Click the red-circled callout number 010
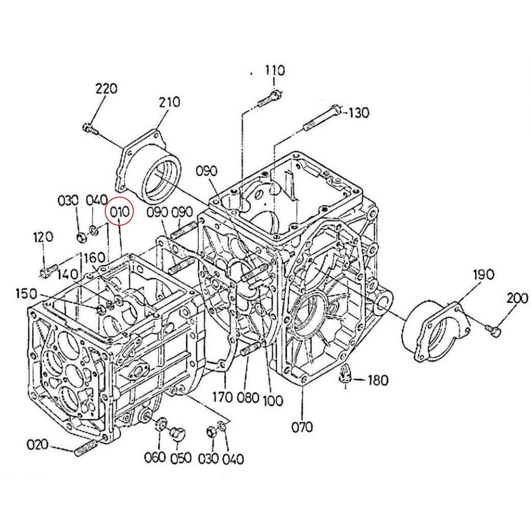(x=120, y=212)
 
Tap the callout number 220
(x=106, y=89)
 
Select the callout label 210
(x=169, y=102)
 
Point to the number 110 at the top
(x=275, y=70)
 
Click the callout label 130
(x=358, y=113)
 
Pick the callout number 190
(x=484, y=274)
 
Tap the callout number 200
(x=517, y=299)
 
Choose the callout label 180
(x=378, y=381)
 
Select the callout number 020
(x=38, y=444)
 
